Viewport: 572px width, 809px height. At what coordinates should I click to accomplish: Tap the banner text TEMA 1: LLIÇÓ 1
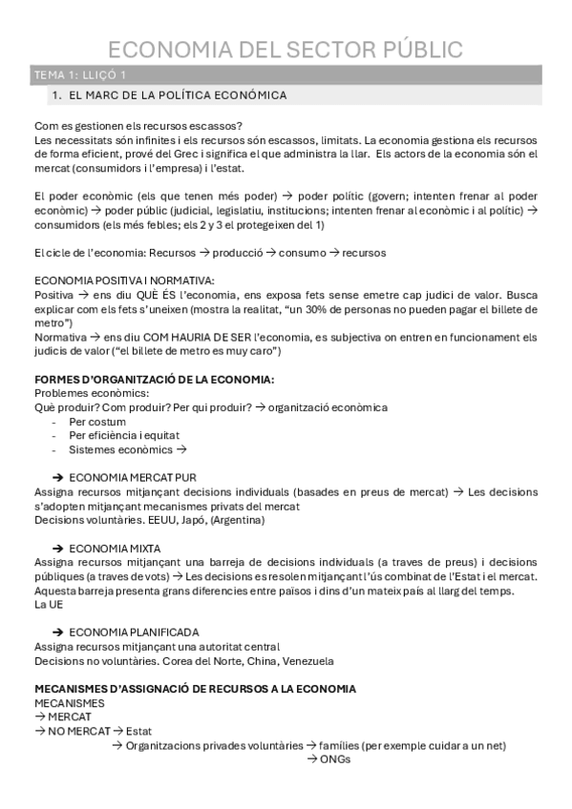pyautogui.click(x=79, y=74)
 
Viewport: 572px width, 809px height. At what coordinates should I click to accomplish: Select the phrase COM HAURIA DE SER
pyautogui.click(x=169, y=337)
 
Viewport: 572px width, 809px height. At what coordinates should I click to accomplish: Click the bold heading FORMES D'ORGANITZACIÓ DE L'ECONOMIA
pyautogui.click(x=154, y=379)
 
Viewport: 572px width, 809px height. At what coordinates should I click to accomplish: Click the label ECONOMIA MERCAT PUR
pyautogui.click(x=134, y=478)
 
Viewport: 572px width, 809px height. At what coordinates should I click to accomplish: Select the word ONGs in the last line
pyautogui.click(x=336, y=759)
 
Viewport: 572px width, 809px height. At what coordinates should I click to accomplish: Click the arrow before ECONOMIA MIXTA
pyautogui.click(x=59, y=549)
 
